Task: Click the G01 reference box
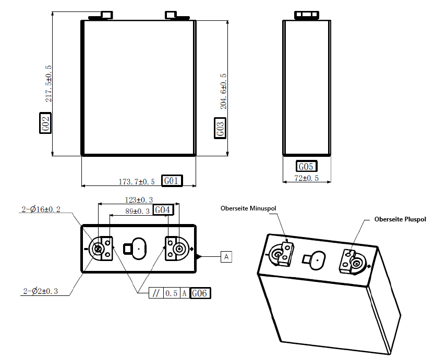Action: click(x=172, y=181)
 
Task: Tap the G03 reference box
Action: click(x=221, y=128)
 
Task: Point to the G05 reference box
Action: click(x=306, y=167)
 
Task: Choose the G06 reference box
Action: click(x=200, y=293)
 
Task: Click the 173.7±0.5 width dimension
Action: click(x=137, y=182)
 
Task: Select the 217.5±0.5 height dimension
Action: click(x=49, y=83)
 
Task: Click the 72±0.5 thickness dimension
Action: click(x=307, y=178)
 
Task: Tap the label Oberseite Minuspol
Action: click(x=248, y=208)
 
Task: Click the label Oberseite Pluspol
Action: click(x=400, y=219)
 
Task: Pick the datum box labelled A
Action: click(x=226, y=257)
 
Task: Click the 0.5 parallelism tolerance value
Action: click(x=172, y=293)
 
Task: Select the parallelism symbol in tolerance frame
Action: click(x=155, y=293)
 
